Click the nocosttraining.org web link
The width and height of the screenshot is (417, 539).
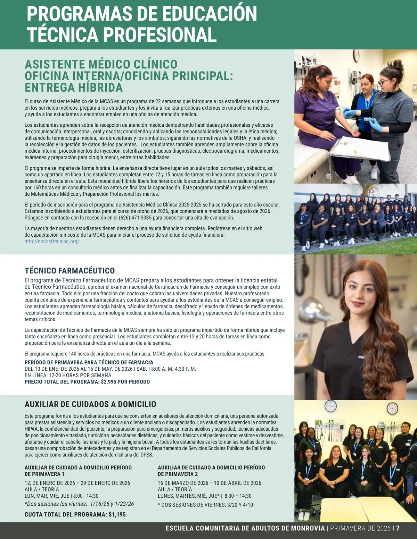point(52,241)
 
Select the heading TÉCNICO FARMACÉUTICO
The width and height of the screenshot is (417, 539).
point(69,271)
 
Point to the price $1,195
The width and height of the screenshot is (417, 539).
point(117,514)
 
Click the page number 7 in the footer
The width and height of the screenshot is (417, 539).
point(398,528)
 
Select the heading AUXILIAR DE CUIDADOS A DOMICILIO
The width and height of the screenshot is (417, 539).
point(90,404)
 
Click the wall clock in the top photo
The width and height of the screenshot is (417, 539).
point(356,55)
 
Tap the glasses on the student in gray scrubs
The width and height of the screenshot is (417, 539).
point(384,82)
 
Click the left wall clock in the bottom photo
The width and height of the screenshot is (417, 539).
point(330,406)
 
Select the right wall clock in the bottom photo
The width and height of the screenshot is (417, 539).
point(392,408)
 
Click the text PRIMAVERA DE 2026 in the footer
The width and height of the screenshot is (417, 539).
point(360,528)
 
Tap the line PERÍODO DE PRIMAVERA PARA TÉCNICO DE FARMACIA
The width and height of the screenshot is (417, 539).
point(89,362)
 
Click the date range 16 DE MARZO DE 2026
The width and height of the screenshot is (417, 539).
point(183,483)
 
